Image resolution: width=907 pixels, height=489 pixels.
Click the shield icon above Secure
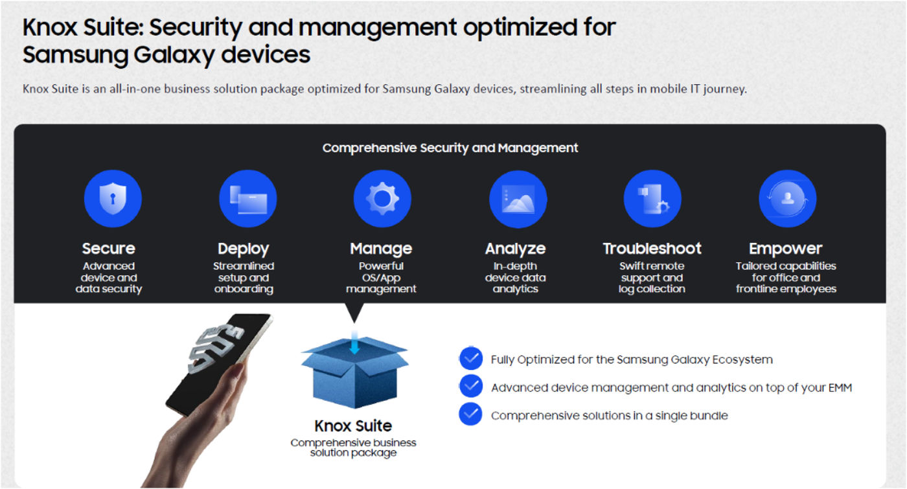[113, 199]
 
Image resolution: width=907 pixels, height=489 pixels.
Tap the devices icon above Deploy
[247, 199]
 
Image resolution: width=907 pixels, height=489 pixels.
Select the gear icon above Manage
[382, 199]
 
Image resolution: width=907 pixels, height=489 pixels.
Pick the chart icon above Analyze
[518, 199]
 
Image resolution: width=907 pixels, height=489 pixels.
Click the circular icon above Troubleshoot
[652, 199]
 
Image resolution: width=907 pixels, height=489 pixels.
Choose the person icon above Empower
[787, 199]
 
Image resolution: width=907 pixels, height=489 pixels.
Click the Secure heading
[108, 249]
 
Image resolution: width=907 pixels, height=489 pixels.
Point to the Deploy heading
[243, 249]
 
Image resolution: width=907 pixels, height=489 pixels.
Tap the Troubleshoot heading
[652, 249]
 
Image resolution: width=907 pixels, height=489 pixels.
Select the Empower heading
[785, 249]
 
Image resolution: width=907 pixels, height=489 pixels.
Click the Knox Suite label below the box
[353, 426]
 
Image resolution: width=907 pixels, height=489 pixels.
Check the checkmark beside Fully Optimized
[470, 359]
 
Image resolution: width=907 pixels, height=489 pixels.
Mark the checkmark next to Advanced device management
[470, 387]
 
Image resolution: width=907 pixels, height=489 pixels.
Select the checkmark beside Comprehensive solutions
[470, 415]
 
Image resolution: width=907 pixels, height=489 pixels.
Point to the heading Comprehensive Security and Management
[450, 148]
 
